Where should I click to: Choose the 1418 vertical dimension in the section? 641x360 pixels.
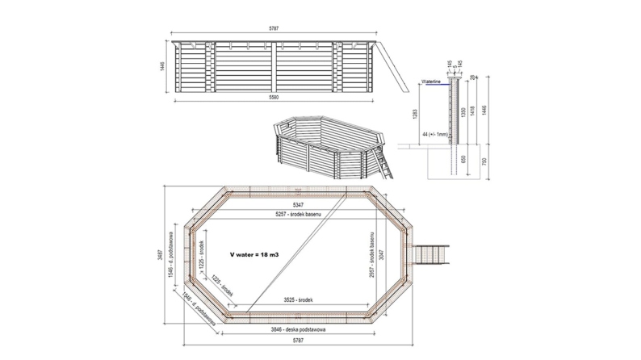[472, 111]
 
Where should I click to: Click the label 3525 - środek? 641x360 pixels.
[300, 300]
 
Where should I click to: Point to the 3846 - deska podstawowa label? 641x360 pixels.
[299, 331]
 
